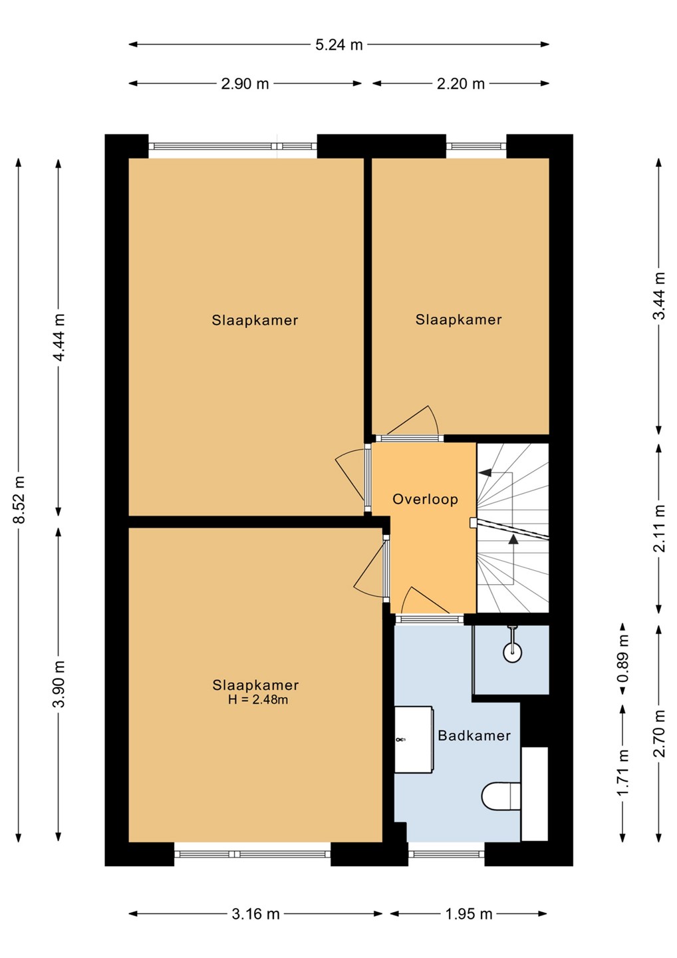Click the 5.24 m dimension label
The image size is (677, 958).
point(339,45)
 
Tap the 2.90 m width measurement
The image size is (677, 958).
point(245,84)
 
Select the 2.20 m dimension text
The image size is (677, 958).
point(461,84)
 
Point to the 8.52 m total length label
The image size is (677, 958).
point(19,499)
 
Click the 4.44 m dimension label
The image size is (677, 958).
point(59,337)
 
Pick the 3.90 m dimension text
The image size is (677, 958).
point(59,684)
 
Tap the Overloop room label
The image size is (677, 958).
point(425,499)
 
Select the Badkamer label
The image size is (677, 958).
point(474,735)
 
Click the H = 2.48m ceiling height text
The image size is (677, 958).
point(258,700)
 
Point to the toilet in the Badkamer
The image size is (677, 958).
point(501,796)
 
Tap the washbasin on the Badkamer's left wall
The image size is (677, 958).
point(414,740)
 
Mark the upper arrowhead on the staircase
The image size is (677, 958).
point(485,472)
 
